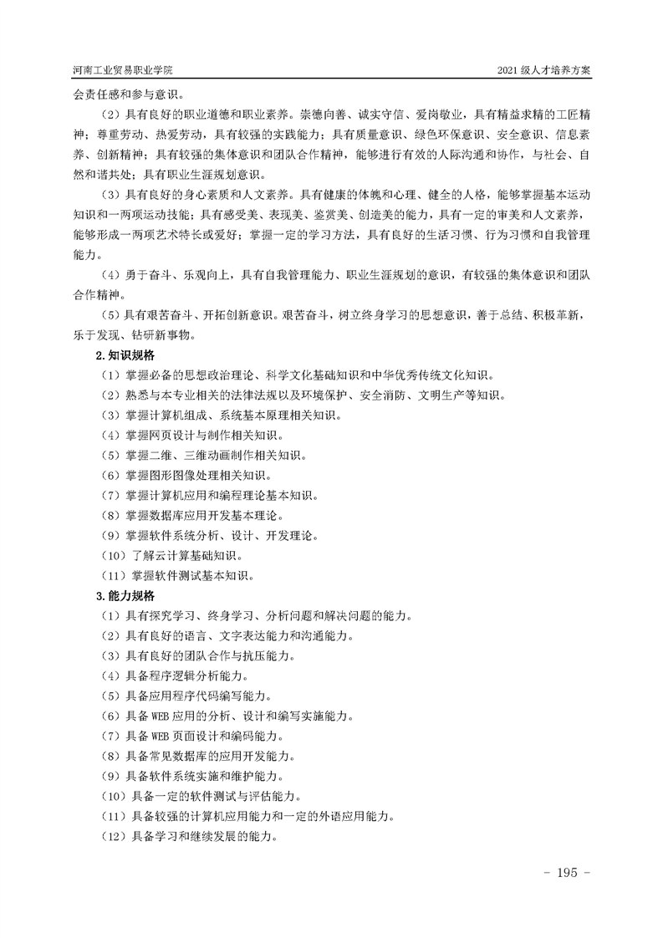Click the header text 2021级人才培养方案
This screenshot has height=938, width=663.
(543, 71)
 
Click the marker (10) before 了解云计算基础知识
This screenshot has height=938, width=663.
(112, 556)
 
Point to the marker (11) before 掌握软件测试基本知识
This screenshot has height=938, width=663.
(112, 576)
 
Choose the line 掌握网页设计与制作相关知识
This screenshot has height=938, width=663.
(189, 436)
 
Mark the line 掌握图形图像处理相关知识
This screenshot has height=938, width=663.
(189, 476)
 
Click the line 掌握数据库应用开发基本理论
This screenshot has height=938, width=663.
(194, 516)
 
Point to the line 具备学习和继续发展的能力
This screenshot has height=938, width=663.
(197, 837)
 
